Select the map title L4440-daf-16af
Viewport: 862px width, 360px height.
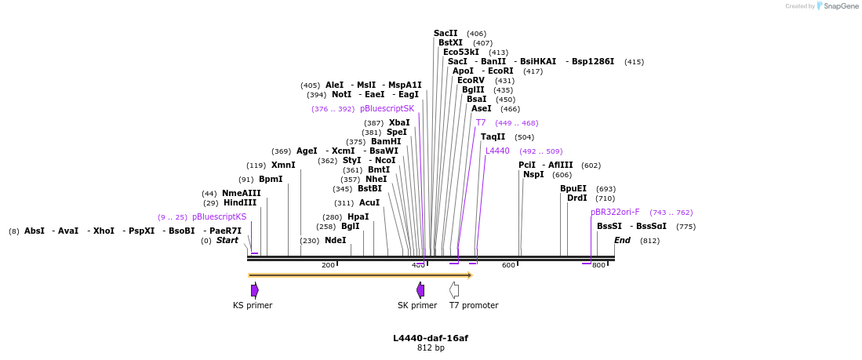click(431, 338)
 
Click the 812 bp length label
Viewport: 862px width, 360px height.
click(431, 347)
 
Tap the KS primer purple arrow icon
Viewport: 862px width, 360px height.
click(254, 290)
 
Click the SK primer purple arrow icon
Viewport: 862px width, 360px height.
click(420, 290)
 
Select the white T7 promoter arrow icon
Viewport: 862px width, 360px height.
click(453, 290)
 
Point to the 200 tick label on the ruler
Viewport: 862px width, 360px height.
click(328, 265)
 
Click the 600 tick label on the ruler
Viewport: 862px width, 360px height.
click(508, 265)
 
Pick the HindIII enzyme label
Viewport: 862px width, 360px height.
click(240, 202)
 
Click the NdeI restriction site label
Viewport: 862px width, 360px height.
click(335, 240)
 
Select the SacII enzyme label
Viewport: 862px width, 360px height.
click(446, 33)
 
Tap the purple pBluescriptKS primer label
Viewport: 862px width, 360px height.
click(219, 216)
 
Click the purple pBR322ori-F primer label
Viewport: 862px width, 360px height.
click(615, 212)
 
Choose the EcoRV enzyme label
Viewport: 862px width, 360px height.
click(471, 80)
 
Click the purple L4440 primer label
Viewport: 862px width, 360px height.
click(497, 151)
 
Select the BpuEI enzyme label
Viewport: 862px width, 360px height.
click(573, 188)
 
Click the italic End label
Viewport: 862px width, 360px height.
click(622, 240)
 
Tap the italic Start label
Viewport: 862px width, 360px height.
click(227, 240)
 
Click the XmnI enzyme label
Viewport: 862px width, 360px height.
click(283, 165)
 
